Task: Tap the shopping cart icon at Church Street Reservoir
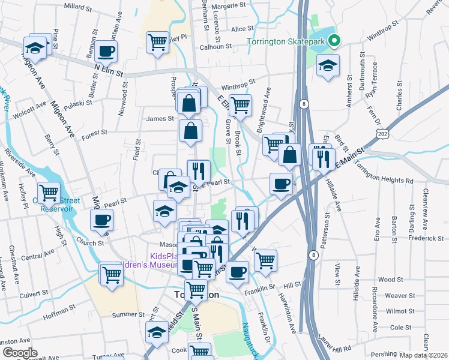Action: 49,193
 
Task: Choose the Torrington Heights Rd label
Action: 393,180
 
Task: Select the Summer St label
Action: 125,314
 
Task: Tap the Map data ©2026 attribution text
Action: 423,355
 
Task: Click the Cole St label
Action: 397,327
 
